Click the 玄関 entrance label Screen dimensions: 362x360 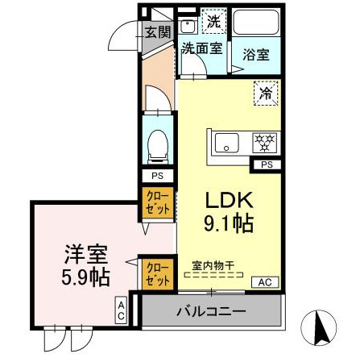pyautogui.click(x=159, y=32)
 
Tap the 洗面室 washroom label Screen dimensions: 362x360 pyautogui.click(x=201, y=48)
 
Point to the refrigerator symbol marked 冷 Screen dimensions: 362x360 pyautogui.click(x=266, y=93)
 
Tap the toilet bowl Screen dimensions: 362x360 pyautogui.click(x=158, y=145)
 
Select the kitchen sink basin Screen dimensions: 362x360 pyautogui.click(x=229, y=144)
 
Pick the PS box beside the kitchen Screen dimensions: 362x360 pyautogui.click(x=266, y=164)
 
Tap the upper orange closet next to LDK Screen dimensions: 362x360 pyautogui.click(x=158, y=202)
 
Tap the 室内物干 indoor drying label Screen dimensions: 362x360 pyautogui.click(x=215, y=264)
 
